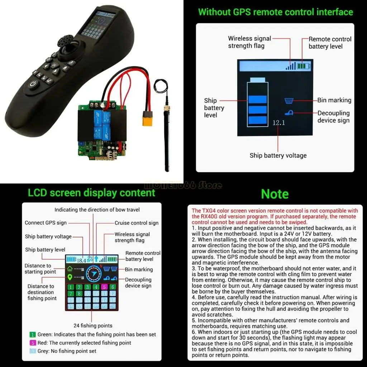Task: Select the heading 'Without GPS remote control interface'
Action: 275,12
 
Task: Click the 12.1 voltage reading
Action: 278,123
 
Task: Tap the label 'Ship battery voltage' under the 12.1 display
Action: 278,156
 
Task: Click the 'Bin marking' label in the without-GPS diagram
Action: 334,100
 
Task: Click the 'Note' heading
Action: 275,194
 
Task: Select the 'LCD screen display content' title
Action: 92,193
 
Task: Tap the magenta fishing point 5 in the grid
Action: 104,287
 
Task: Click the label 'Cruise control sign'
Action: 136,223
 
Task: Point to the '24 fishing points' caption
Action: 93,326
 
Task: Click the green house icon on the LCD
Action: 70,268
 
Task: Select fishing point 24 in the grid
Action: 113,306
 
